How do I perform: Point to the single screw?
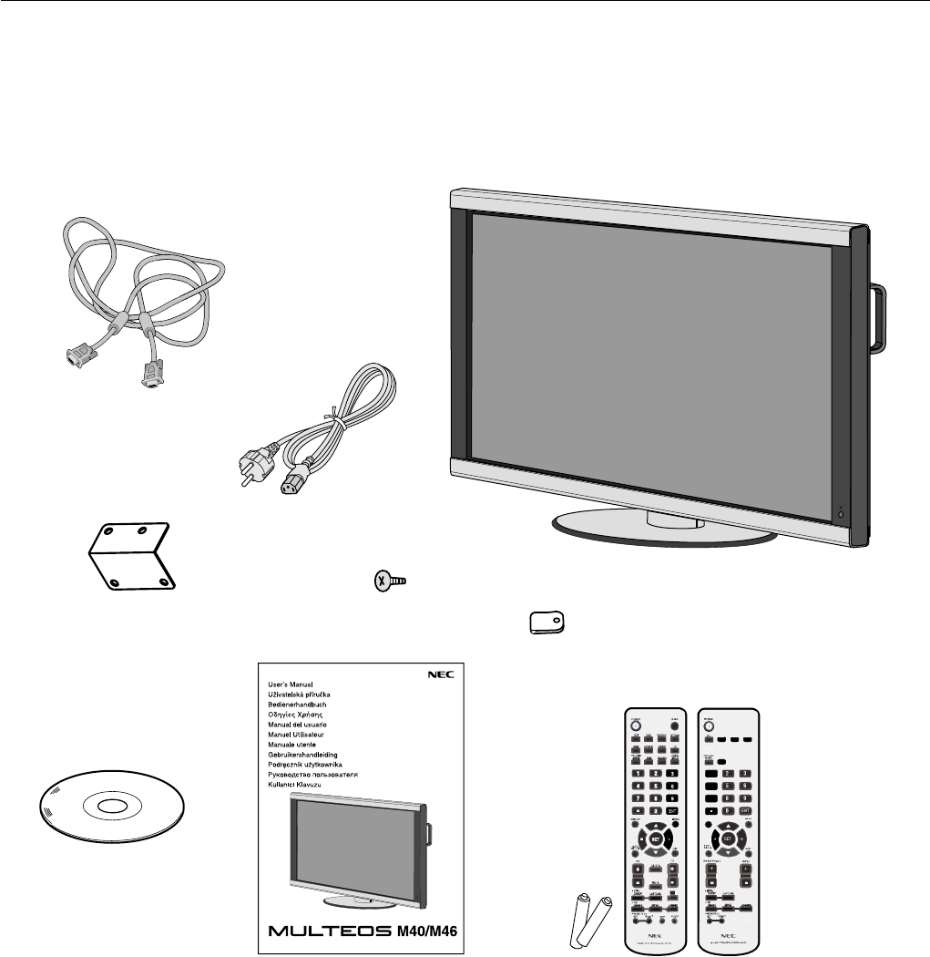point(390,580)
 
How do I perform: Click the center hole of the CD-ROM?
point(112,805)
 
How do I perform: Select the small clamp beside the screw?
point(545,622)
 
